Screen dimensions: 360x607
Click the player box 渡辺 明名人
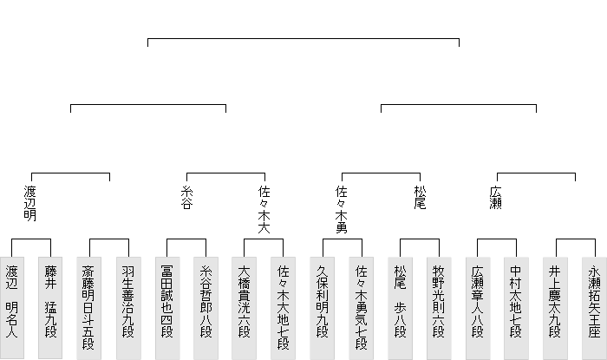coord(11,301)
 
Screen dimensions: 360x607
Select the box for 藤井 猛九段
coord(50,301)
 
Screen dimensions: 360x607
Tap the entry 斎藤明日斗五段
coord(89,301)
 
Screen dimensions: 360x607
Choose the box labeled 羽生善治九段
coord(128,301)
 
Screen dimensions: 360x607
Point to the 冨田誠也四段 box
coord(167,301)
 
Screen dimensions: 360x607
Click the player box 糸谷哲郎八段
coord(206,301)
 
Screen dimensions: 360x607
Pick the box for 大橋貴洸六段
coord(245,301)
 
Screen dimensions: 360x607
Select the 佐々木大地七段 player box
coord(284,301)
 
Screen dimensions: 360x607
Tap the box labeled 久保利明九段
coord(323,301)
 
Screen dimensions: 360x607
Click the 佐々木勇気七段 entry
coord(362,301)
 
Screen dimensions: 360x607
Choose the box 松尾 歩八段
coord(401,301)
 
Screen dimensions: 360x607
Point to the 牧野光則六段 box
coord(440,301)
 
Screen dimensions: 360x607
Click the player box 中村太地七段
coord(517,301)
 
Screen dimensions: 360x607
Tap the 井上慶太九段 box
coord(556,301)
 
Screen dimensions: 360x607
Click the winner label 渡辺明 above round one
coord(30,203)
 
